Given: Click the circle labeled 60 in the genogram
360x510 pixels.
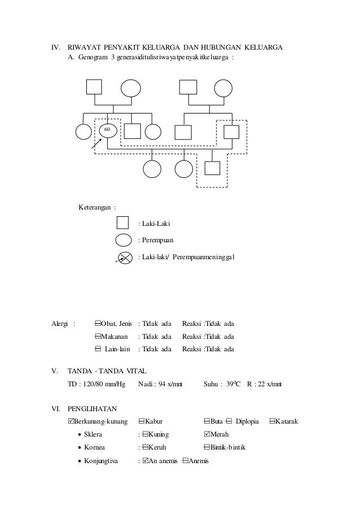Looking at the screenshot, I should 108,131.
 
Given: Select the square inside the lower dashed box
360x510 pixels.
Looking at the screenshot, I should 212,168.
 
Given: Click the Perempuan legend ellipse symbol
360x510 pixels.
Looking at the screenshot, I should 124,240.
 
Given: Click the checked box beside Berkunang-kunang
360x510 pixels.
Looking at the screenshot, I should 70,421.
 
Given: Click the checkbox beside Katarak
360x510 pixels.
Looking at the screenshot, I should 273,421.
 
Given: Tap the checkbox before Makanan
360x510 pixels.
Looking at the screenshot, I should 98,337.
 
